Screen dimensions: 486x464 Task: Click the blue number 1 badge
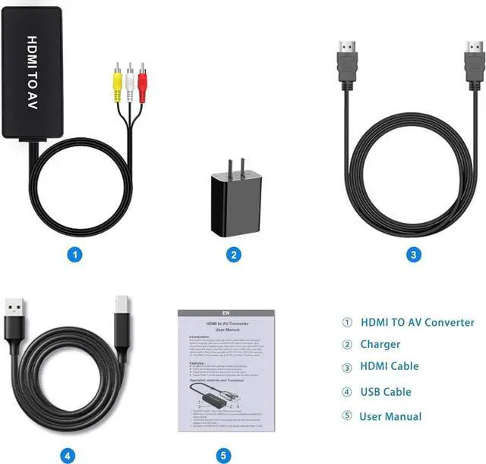74,255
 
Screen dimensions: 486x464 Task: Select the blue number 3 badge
413,255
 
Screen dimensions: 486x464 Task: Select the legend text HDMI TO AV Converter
417,322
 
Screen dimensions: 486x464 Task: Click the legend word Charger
380,344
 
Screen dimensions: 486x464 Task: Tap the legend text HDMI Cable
389,366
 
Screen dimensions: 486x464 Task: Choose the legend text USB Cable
385,392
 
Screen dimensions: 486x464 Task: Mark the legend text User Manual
390,415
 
